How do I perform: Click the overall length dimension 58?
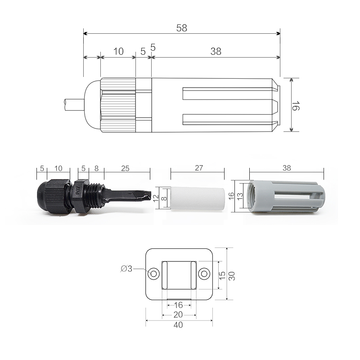point(181,28)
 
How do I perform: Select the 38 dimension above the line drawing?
point(216,51)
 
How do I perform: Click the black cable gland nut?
point(53,198)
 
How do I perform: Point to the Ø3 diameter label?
point(127,269)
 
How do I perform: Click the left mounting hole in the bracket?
point(154,274)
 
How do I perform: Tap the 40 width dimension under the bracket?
point(179,325)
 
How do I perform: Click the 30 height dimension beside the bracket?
point(232,275)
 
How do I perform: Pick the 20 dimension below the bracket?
point(179,314)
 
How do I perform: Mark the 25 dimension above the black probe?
point(126,168)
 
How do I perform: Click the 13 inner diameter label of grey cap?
point(241,197)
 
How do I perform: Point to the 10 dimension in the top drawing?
point(118,51)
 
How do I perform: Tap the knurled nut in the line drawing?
point(118,105)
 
